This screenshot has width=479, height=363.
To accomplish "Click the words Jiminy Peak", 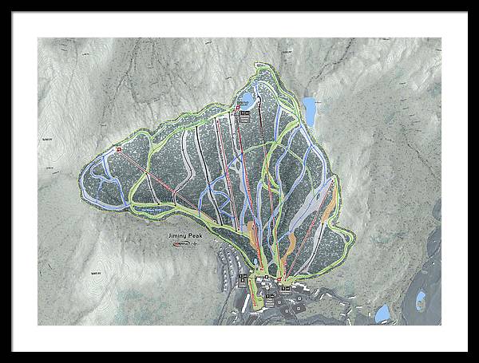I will coord(186,236).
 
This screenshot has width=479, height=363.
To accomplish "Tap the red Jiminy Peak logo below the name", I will coord(183,245).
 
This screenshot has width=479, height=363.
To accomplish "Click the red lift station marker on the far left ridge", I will coord(119,148).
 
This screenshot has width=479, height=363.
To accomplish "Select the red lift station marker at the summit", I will coord(237,106).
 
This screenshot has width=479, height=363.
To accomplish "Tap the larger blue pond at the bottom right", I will coord(382,313).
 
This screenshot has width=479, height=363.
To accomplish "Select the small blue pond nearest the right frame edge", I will coord(420,301).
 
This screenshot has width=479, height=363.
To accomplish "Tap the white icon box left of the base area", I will coord(243,279).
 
